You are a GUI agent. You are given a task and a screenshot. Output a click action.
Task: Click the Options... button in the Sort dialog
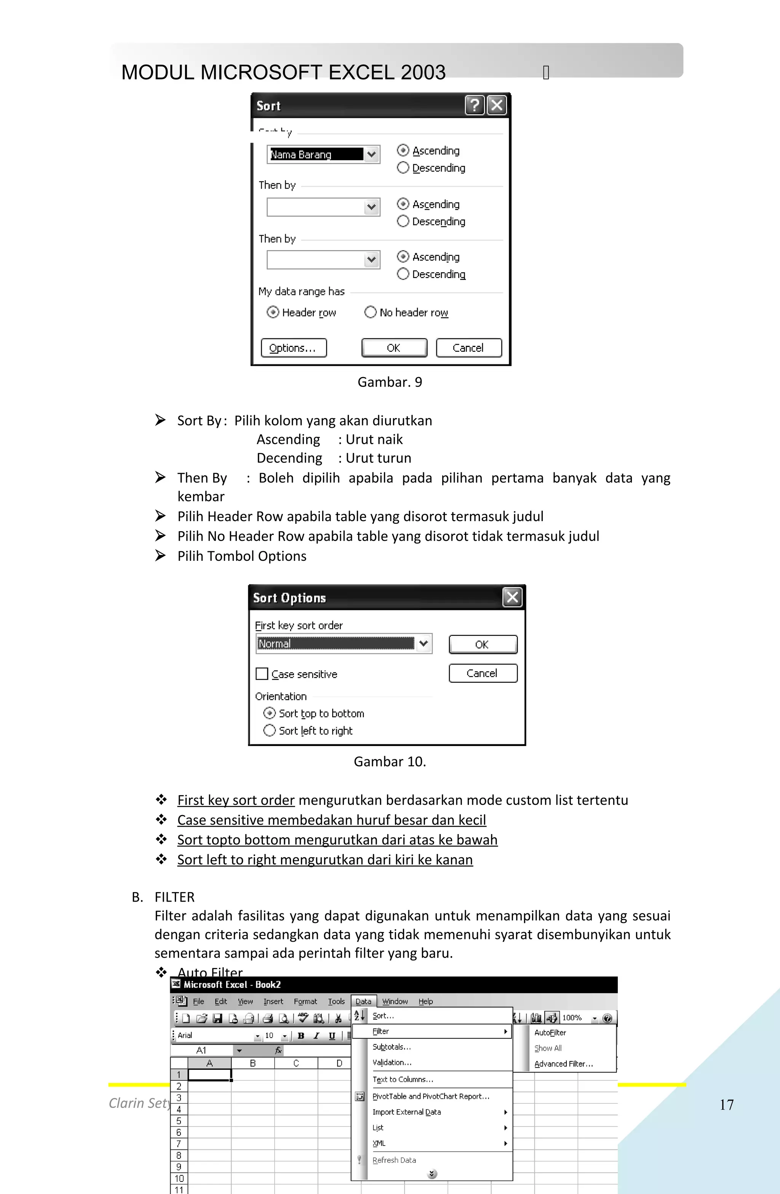point(293,348)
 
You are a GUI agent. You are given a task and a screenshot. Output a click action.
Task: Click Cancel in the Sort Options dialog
point(482,673)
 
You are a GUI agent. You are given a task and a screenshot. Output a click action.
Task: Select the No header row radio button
point(371,312)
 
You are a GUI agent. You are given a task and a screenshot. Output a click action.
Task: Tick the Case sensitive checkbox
point(262,674)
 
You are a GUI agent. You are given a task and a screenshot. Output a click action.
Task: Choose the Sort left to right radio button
point(270,730)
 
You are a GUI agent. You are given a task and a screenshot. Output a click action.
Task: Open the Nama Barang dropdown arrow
point(371,154)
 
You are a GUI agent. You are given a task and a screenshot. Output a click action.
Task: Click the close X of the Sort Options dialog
point(512,597)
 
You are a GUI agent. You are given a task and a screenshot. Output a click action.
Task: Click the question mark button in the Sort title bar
point(474,105)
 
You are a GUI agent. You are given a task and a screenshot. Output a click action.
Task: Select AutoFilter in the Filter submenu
point(550,1032)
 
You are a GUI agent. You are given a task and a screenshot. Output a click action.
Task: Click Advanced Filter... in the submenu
point(563,1064)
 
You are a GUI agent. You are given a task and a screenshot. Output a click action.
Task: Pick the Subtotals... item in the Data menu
point(392,1047)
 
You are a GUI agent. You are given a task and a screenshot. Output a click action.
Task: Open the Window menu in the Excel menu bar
point(395,1001)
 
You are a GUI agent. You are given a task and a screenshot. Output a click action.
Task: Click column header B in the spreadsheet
point(253,1063)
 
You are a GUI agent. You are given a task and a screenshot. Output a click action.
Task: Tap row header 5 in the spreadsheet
point(179,1121)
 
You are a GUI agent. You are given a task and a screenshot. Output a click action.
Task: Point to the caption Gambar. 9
point(390,382)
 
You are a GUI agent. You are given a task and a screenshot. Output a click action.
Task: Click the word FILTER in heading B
point(174,897)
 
